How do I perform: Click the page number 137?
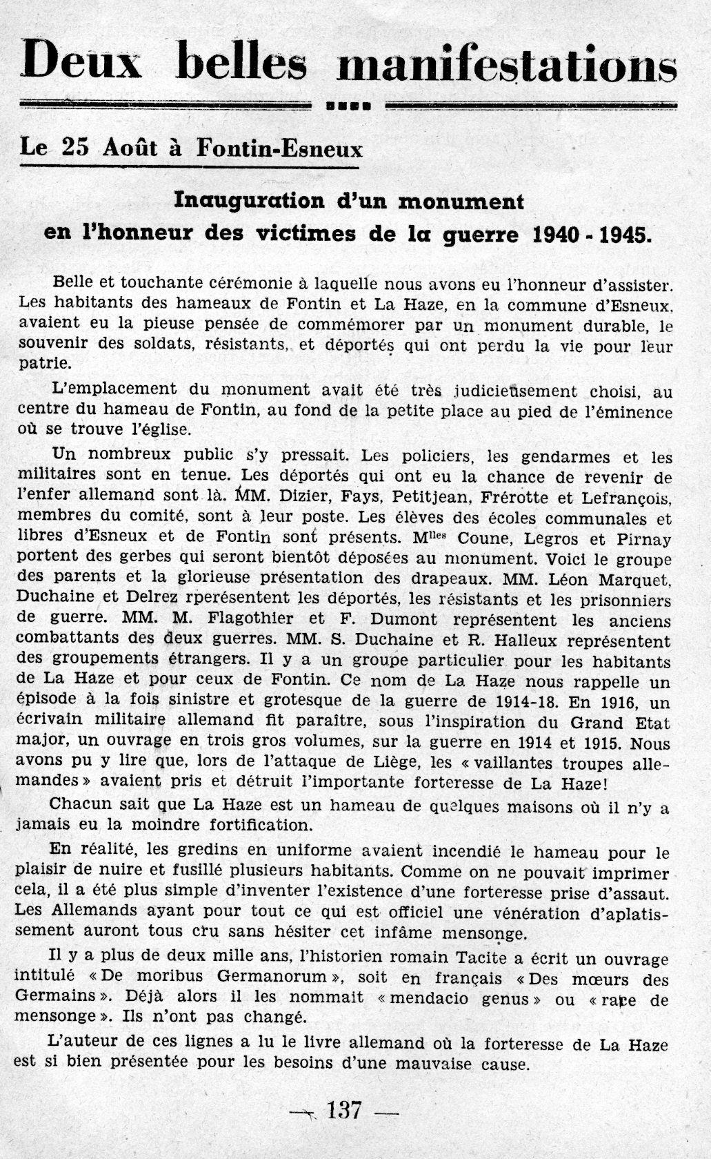345,1110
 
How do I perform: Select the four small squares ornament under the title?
348,106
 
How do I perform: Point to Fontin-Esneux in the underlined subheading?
279,148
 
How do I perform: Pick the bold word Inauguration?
249,201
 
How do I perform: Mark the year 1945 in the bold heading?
624,235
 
